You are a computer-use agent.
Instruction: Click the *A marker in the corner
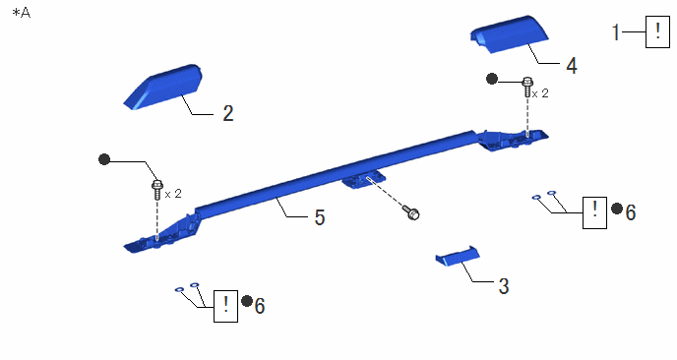22,13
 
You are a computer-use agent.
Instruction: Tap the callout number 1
616,32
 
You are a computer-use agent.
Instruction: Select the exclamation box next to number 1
657,31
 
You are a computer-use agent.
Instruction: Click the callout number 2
228,113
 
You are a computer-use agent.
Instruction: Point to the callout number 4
572,66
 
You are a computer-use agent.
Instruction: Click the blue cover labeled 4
510,34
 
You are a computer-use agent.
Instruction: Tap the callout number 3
504,286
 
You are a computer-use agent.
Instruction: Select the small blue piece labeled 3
458,256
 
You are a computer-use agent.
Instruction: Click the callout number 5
320,217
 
